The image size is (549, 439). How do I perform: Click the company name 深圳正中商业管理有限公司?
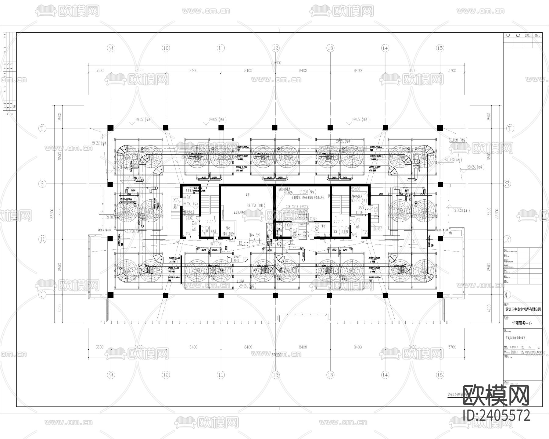point(522,309)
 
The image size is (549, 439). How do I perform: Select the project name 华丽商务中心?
point(522,323)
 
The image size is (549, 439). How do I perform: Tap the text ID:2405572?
point(497,415)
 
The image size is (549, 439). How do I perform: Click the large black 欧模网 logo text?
point(496,395)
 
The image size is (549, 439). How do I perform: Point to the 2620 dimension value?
point(128,194)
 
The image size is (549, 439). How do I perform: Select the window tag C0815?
point(314,219)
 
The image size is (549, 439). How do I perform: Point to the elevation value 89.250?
point(378,229)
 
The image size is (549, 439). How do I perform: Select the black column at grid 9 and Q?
point(110,295)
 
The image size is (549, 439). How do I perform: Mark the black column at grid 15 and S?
point(440,184)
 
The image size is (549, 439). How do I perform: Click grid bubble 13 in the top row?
point(330,48)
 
